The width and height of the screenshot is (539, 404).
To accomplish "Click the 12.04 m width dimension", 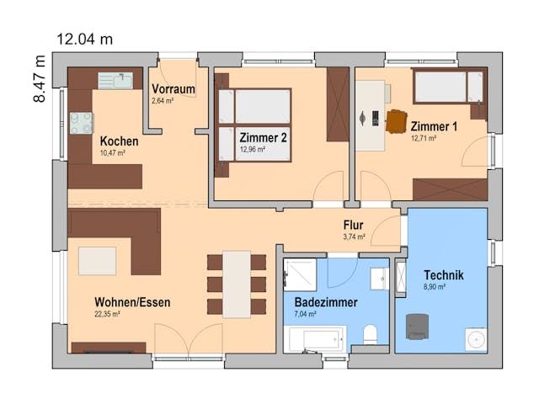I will (84, 39).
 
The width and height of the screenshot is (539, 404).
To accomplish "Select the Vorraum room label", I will (173, 88).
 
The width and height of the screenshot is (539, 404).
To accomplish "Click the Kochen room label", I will (119, 141).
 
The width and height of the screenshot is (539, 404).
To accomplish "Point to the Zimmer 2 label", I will (264, 137).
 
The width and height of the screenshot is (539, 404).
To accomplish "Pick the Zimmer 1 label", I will (434, 126).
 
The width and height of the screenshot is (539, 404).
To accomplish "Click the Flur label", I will (353, 225).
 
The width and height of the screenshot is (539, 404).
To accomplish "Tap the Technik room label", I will (443, 274).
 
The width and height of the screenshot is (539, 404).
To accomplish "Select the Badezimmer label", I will (326, 301).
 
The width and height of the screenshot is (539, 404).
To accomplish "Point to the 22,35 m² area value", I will (107, 314).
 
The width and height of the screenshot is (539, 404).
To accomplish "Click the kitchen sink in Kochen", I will (115, 81).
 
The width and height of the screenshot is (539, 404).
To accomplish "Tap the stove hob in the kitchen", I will (81, 123).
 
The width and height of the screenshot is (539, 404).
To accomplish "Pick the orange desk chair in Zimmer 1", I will (396, 121).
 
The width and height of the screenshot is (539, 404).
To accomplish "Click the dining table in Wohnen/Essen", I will (237, 284).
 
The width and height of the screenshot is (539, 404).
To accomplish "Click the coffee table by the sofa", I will (97, 260).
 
